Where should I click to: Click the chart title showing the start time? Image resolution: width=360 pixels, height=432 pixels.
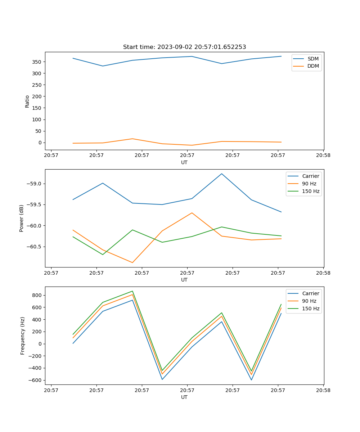(184, 47)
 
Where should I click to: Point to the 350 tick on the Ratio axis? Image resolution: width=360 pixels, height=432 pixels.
(38, 62)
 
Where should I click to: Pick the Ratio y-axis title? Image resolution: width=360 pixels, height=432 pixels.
(27, 101)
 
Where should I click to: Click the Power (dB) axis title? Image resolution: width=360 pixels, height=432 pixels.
(22, 218)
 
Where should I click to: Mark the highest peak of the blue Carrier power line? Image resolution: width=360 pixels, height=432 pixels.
(222, 174)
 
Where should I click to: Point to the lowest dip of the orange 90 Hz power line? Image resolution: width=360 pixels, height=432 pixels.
(132, 262)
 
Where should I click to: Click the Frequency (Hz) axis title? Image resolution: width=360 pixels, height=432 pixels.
(22, 336)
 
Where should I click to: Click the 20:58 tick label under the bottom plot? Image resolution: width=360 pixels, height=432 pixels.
(323, 390)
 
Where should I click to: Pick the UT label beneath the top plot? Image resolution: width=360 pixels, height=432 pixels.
(184, 162)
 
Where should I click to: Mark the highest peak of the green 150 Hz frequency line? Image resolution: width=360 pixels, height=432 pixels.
(132, 291)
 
